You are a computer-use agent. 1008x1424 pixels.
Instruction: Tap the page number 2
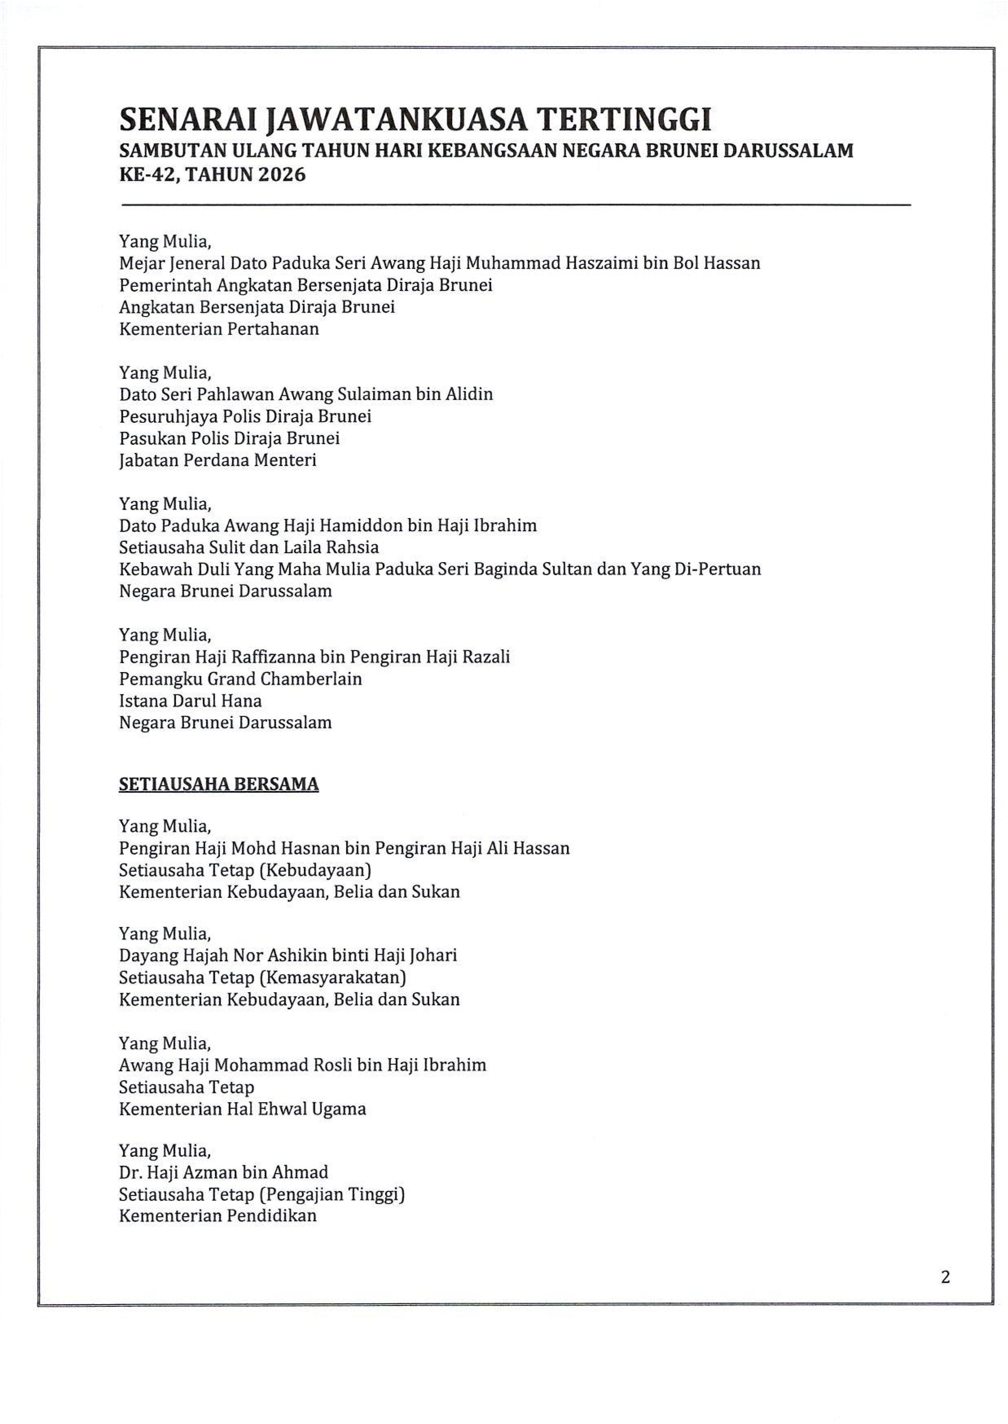click(945, 1277)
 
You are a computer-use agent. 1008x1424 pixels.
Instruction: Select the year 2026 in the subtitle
click(282, 175)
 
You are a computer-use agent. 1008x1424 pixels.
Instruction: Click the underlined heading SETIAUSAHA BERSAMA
click(218, 784)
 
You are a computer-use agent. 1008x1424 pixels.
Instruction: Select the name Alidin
click(469, 394)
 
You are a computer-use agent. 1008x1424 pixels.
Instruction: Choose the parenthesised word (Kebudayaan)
click(315, 870)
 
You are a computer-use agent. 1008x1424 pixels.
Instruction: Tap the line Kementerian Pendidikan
click(217, 1215)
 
